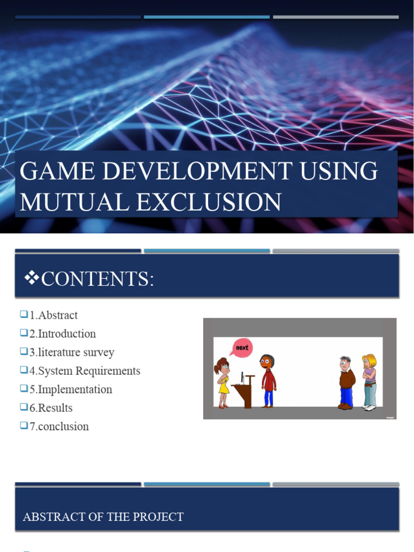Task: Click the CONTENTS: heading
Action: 98,279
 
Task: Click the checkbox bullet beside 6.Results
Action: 24,408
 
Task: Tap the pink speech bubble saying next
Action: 241,348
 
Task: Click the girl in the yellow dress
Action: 223,383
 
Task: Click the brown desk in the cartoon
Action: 246,390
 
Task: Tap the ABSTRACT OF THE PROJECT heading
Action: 103,517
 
